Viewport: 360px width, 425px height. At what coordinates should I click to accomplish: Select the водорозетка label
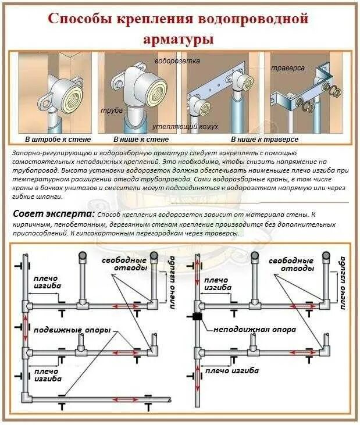[x=177, y=61]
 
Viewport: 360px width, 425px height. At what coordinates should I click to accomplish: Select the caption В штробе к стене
[x=54, y=140]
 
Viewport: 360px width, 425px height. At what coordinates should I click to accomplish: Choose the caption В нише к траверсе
[x=265, y=140]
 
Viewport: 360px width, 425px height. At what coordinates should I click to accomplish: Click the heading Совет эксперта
[x=54, y=214]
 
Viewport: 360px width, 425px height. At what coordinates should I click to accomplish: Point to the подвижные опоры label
[x=72, y=330]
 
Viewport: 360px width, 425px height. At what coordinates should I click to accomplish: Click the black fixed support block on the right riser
[x=196, y=317]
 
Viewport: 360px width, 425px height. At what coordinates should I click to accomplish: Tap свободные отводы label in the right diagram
[x=291, y=264]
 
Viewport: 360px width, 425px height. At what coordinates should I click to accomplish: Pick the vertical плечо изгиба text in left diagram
[x=172, y=281]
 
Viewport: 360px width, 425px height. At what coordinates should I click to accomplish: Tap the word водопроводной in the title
[x=256, y=19]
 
